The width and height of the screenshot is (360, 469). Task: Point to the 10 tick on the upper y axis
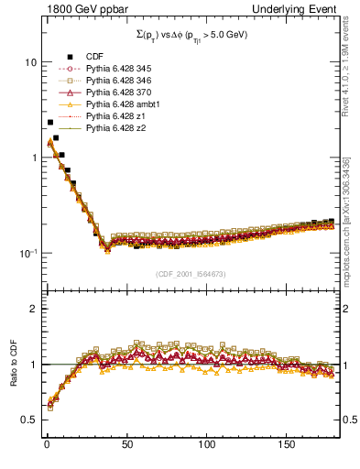29,62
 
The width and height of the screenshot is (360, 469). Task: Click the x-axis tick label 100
207,444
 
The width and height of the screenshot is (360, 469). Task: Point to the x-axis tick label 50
127,444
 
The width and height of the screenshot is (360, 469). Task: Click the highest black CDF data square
49,122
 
